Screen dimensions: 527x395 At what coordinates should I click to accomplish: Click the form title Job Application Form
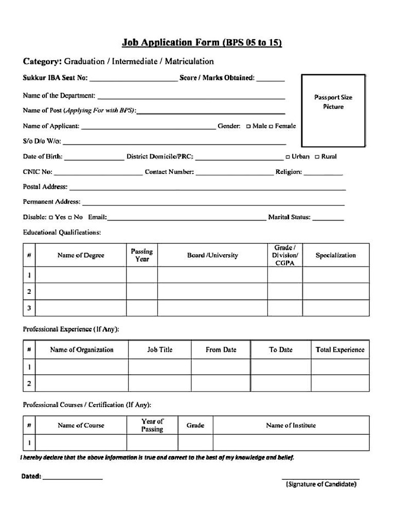(x=201, y=43)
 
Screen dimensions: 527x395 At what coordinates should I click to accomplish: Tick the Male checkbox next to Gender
(x=248, y=127)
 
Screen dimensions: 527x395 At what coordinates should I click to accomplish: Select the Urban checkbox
(x=288, y=157)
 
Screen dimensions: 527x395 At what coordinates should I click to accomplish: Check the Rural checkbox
(x=317, y=157)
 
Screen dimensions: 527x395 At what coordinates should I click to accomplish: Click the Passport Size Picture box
(x=333, y=111)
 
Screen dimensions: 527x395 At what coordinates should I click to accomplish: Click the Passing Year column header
(x=141, y=255)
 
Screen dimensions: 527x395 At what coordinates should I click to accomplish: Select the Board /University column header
(x=212, y=255)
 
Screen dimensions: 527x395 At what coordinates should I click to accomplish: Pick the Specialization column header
(x=335, y=255)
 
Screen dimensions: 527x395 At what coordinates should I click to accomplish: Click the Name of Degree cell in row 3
(x=81, y=308)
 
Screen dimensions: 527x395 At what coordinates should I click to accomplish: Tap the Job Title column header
(x=159, y=349)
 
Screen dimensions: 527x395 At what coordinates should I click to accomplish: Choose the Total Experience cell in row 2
(x=339, y=383)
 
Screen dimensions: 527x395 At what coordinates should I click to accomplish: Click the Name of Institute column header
(x=291, y=425)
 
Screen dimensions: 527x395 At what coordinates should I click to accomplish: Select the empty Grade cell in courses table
(x=195, y=442)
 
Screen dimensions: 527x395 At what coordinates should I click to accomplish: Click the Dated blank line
(x=73, y=477)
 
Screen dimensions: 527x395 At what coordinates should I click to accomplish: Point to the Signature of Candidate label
(x=321, y=484)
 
